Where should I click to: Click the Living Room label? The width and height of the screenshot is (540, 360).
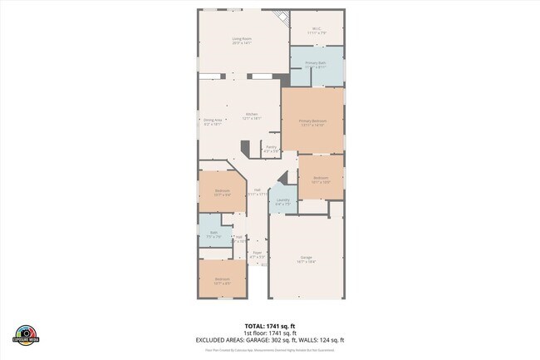pyautogui.click(x=242, y=40)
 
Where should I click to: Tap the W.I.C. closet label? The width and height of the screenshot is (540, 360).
pyautogui.click(x=317, y=31)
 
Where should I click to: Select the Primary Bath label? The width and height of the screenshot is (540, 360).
pyautogui.click(x=315, y=65)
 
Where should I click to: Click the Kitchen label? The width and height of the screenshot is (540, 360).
pyautogui.click(x=251, y=116)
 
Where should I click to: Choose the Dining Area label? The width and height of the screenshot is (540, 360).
pyautogui.click(x=213, y=121)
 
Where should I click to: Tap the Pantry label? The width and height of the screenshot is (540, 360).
pyautogui.click(x=271, y=149)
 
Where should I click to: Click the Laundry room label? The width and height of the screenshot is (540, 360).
pyautogui.click(x=282, y=201)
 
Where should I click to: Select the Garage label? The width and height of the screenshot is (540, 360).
pyautogui.click(x=306, y=259)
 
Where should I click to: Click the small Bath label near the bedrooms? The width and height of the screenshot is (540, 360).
pyautogui.click(x=214, y=234)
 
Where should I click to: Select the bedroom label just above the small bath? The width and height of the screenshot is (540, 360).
pyautogui.click(x=222, y=192)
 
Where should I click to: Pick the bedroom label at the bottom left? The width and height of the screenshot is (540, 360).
pyautogui.click(x=222, y=280)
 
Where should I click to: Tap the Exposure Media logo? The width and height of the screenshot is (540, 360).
pyautogui.click(x=27, y=334)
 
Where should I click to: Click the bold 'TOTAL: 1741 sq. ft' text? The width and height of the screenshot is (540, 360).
pyautogui.click(x=269, y=326)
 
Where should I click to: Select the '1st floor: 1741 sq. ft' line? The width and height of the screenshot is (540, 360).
pyautogui.click(x=269, y=333)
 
